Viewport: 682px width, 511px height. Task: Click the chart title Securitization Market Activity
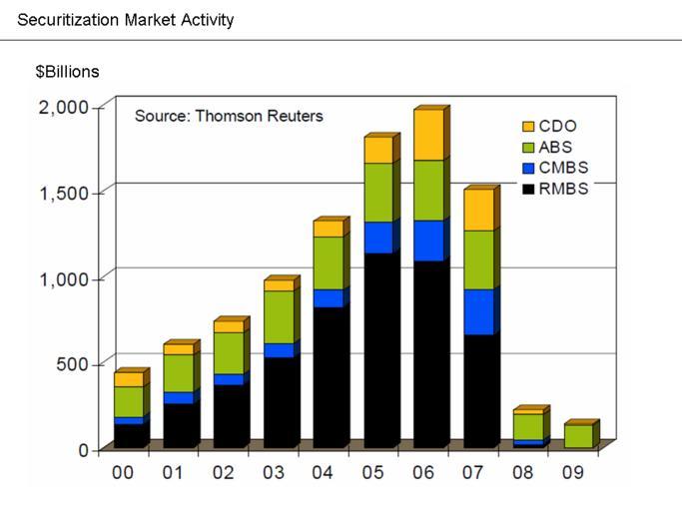pyautogui.click(x=126, y=19)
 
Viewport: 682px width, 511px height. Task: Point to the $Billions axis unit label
pyautogui.click(x=68, y=72)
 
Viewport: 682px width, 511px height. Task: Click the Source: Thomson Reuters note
pyautogui.click(x=229, y=116)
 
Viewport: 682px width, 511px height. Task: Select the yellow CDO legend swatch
pyautogui.click(x=528, y=127)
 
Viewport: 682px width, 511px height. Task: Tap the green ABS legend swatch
pyautogui.click(x=528, y=148)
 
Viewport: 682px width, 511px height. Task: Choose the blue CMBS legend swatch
pyautogui.click(x=528, y=169)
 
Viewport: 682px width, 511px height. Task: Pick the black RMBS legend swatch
pyautogui.click(x=528, y=189)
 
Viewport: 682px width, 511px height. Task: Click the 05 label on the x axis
pyautogui.click(x=373, y=472)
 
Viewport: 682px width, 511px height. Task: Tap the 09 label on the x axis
pyautogui.click(x=576, y=472)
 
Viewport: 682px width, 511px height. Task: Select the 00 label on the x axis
pyautogui.click(x=123, y=472)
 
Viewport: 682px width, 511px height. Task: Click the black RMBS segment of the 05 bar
pyautogui.click(x=378, y=349)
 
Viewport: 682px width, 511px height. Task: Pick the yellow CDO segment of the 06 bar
pyautogui.click(x=428, y=135)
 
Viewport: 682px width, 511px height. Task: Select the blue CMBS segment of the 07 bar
pyautogui.click(x=478, y=311)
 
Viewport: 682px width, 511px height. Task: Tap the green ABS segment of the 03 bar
pyautogui.click(x=279, y=316)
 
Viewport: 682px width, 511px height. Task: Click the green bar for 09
pyautogui.click(x=578, y=436)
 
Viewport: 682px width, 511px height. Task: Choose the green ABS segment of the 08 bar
pyautogui.click(x=528, y=426)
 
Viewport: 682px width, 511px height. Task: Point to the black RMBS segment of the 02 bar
pyautogui.click(x=229, y=415)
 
